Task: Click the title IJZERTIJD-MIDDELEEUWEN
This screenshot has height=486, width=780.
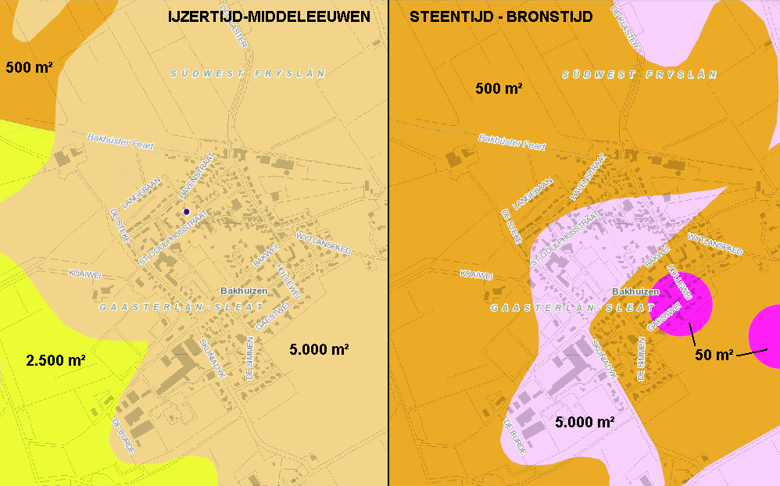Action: [269, 16]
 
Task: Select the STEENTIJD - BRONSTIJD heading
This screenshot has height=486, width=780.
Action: [501, 16]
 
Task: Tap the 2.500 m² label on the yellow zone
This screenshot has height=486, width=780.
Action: [55, 360]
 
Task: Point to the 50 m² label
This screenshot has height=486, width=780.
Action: [714, 356]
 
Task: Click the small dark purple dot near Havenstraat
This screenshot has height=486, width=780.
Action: [186, 212]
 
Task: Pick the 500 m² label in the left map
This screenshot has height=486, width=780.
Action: [29, 67]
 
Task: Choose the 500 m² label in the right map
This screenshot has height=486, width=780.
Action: [499, 89]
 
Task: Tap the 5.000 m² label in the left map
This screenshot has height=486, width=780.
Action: [318, 349]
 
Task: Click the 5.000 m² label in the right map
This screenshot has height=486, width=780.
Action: [585, 423]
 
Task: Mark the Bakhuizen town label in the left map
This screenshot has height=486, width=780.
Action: [244, 291]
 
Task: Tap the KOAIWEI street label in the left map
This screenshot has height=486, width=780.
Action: [84, 274]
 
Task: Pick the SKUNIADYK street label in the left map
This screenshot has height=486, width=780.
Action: [213, 359]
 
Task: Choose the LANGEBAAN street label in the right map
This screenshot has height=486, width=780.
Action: [534, 192]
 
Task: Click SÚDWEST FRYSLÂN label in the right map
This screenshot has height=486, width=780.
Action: [639, 74]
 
